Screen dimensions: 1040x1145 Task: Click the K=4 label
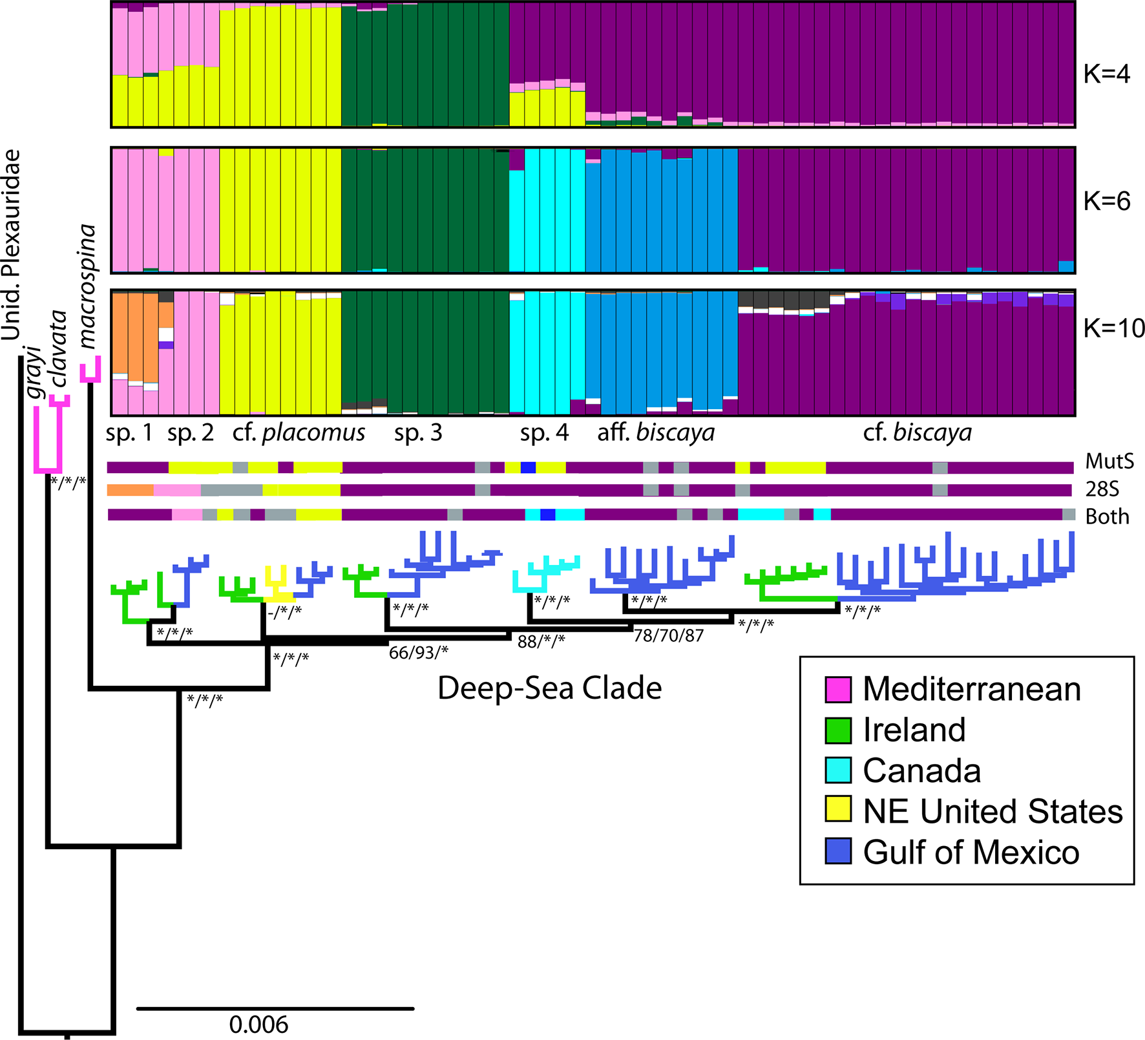coord(1106,74)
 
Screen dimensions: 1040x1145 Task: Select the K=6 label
coord(1106,202)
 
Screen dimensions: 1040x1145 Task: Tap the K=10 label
coord(1113,328)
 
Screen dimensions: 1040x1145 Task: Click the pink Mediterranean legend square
coord(838,689)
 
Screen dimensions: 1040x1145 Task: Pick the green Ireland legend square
coord(838,730)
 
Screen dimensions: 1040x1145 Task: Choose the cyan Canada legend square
coord(838,770)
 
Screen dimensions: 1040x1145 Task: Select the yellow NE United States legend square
coord(838,811)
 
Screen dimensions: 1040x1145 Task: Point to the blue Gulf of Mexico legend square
coord(838,851)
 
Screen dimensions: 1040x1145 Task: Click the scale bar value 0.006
coord(258,1024)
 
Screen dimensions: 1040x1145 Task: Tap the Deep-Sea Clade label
coord(549,688)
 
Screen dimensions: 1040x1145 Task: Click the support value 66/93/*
coord(418,653)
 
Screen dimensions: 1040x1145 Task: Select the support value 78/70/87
coord(668,636)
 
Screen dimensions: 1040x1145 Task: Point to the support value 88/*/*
coord(541,641)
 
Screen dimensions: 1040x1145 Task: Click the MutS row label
coord(1109,462)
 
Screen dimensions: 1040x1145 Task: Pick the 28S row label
coord(1102,489)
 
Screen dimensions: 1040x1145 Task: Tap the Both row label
coord(1107,516)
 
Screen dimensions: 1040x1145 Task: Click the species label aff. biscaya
coord(656,432)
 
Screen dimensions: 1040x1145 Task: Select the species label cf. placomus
coord(299,432)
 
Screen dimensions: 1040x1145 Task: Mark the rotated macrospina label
coord(87,286)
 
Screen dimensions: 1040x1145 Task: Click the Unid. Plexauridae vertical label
coord(11,246)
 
